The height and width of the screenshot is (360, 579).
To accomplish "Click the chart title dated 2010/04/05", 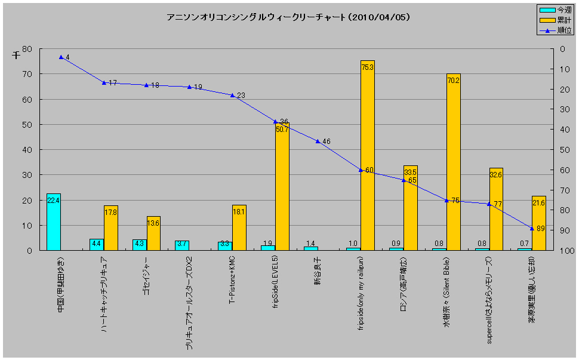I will pyautogui.click(x=288, y=17).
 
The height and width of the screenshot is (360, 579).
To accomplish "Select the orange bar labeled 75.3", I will pyautogui.click(x=368, y=155).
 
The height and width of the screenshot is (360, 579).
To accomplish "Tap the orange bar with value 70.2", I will pyautogui.click(x=454, y=161).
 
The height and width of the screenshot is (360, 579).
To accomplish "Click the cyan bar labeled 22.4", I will pyautogui.click(x=54, y=222).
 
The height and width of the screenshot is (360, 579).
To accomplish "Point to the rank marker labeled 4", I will pyautogui.click(x=61, y=57).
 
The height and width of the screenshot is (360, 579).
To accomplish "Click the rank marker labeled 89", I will pyautogui.click(x=532, y=228).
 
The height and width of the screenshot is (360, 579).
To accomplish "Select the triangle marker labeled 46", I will pyautogui.click(x=318, y=141).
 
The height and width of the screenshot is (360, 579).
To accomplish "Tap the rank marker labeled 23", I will pyautogui.click(x=232, y=95).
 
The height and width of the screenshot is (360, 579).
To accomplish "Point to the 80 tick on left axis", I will pyautogui.click(x=27, y=49).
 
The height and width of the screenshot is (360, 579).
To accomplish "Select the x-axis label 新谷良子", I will pyautogui.click(x=318, y=270).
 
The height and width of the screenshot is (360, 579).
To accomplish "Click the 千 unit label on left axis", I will pyautogui.click(x=16, y=55).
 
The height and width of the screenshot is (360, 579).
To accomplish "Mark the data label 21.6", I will pyautogui.click(x=538, y=203).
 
